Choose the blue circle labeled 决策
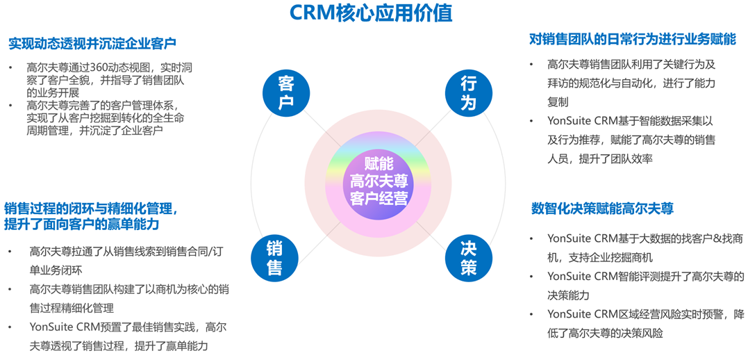point(468,256)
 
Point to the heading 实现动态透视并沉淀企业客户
point(92,43)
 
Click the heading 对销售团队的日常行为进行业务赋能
point(632,40)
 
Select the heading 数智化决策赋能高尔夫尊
point(602,208)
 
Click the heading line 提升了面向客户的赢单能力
point(82,224)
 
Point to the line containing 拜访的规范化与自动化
point(631,83)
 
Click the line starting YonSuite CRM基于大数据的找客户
point(645,238)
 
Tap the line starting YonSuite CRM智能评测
point(645,277)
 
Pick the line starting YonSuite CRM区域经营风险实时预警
point(645,314)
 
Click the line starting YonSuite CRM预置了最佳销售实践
point(127,327)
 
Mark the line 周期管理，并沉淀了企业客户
point(94,130)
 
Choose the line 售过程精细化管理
point(72,307)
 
